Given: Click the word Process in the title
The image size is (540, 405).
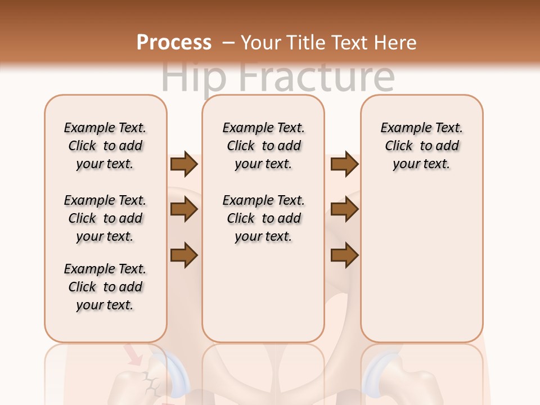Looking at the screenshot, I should (x=174, y=43).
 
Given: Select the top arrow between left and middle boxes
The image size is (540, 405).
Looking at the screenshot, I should (x=184, y=164).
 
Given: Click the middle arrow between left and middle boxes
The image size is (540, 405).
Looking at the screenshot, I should (x=184, y=209).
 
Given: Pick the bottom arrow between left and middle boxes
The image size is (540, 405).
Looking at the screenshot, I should (x=184, y=255).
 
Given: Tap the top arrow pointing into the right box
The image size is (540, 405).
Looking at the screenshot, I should (x=344, y=164).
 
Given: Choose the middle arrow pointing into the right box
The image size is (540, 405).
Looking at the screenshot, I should (x=344, y=209).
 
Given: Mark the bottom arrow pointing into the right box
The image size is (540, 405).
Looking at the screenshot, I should (x=344, y=255).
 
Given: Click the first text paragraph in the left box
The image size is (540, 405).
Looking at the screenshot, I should (x=105, y=146).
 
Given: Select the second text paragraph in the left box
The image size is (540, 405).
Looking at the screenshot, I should (x=105, y=218).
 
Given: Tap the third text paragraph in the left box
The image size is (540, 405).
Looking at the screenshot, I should (x=105, y=287).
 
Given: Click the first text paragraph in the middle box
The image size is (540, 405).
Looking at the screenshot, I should (x=263, y=146).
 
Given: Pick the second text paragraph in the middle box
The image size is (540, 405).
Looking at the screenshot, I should (x=263, y=218).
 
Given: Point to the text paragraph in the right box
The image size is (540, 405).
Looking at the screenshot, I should (x=421, y=146).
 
